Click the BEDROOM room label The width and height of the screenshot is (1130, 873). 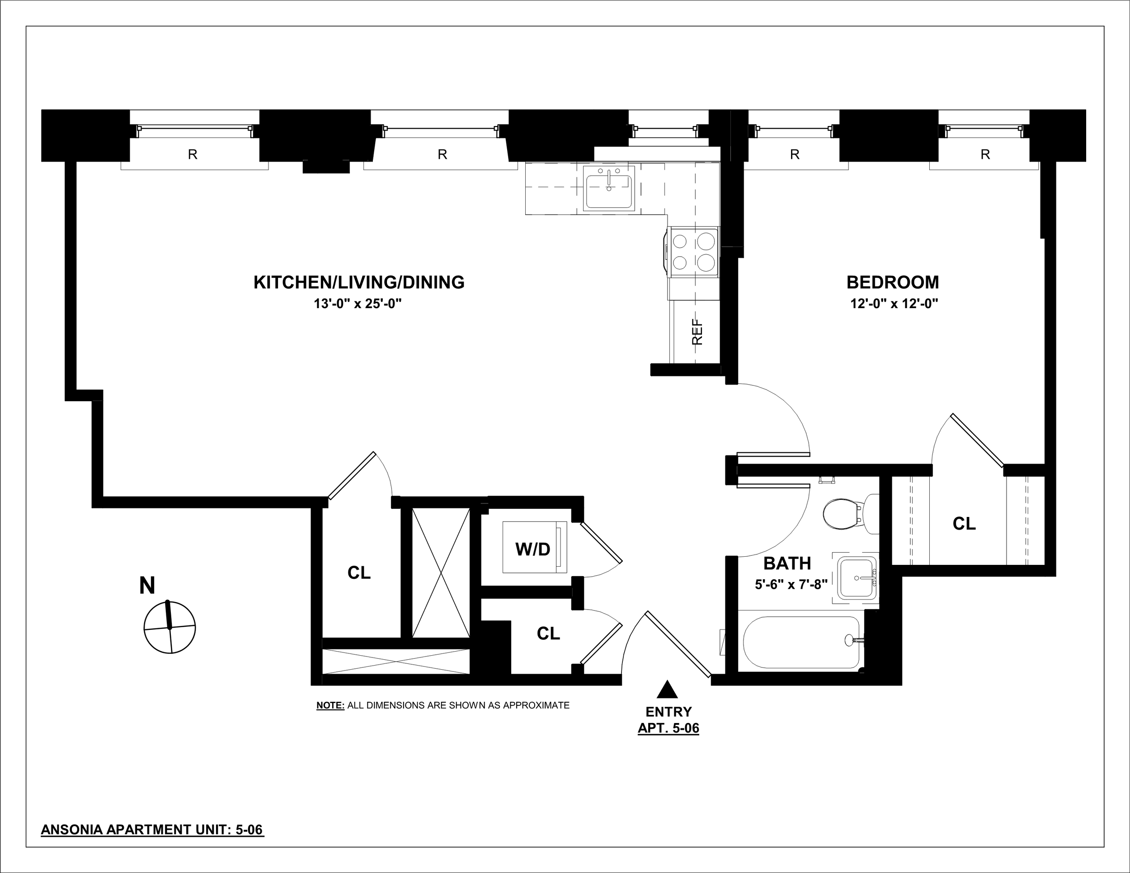(893, 282)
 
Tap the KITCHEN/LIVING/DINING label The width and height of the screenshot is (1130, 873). (358, 282)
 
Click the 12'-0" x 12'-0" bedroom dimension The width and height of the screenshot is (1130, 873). (894, 304)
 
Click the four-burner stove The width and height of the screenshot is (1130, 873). (693, 253)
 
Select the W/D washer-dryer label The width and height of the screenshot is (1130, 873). (532, 549)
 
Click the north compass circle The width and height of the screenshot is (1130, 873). (169, 627)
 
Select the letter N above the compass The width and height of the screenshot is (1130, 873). (147, 586)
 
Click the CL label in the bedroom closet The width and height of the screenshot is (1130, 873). (964, 524)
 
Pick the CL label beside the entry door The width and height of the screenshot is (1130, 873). (548, 633)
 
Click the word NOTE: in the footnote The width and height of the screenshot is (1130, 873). (330, 705)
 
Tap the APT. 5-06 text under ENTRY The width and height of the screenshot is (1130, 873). (668, 728)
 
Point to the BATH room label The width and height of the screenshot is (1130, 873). (787, 563)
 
